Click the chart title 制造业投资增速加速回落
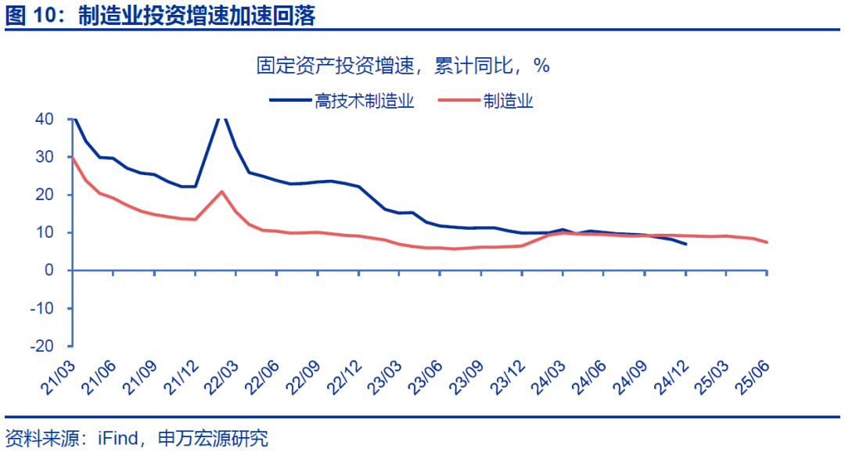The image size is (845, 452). pyautogui.click(x=196, y=16)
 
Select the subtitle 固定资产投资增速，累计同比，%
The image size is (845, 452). pyautogui.click(x=403, y=66)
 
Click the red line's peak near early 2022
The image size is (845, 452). pyautogui.click(x=221, y=192)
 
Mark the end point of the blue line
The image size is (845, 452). pyautogui.click(x=686, y=244)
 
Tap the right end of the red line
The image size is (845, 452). pyautogui.click(x=767, y=242)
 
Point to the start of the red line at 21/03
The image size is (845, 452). pyautogui.click(x=73, y=159)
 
